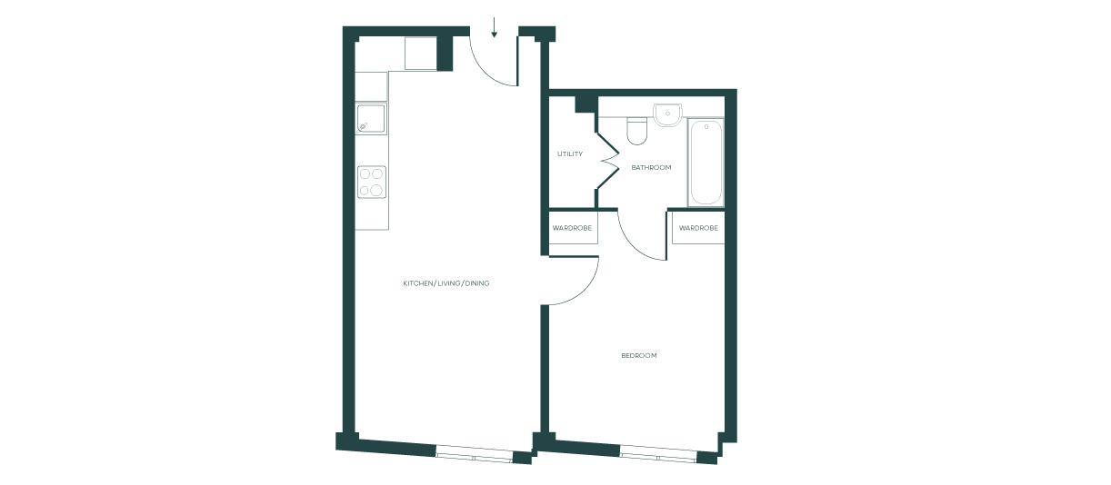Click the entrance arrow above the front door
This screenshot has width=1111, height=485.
494,27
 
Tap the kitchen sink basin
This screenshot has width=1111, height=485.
371,118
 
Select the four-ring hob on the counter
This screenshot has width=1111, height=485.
372,182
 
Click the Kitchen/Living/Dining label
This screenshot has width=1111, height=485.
445,283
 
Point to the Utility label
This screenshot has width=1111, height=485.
570,154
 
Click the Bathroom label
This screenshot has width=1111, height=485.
651,167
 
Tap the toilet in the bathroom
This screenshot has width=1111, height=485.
636,131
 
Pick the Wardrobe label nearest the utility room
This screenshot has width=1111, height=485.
573,228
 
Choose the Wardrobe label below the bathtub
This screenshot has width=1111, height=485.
698,228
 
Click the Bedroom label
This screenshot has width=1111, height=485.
639,355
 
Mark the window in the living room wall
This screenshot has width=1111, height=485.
475,454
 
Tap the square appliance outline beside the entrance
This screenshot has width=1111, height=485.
421,54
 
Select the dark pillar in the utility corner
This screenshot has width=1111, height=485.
586,104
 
